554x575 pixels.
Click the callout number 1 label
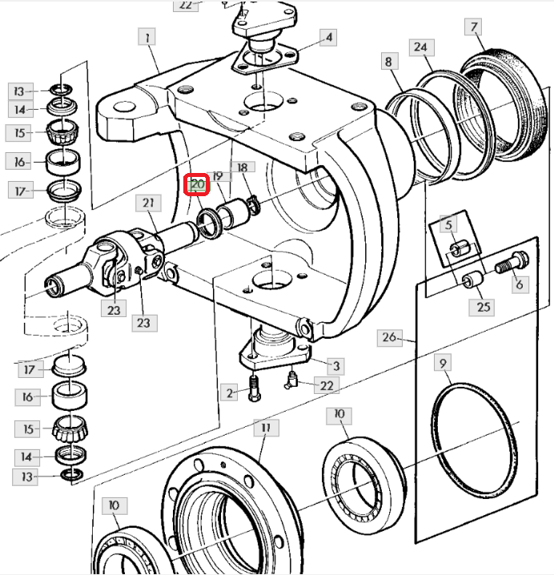pyautogui.click(x=147, y=36)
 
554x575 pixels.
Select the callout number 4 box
pyautogui.click(x=328, y=38)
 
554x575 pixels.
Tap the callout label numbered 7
pyautogui.click(x=475, y=28)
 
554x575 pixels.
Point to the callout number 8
pyautogui.click(x=388, y=61)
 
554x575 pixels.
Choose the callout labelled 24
pyautogui.click(x=421, y=47)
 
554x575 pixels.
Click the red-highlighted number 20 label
pyautogui.click(x=198, y=186)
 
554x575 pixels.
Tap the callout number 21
pyautogui.click(x=148, y=203)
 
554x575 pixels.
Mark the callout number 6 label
pyautogui.click(x=519, y=283)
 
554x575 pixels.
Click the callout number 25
pyautogui.click(x=484, y=307)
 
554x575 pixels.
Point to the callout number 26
pyautogui.click(x=389, y=337)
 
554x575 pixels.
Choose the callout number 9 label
pyautogui.click(x=444, y=364)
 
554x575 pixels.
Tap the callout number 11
pyautogui.click(x=265, y=428)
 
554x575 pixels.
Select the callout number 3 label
pyautogui.click(x=336, y=366)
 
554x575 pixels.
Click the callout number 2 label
pyautogui.click(x=231, y=392)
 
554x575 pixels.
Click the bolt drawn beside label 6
pyautogui.click(x=507, y=263)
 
